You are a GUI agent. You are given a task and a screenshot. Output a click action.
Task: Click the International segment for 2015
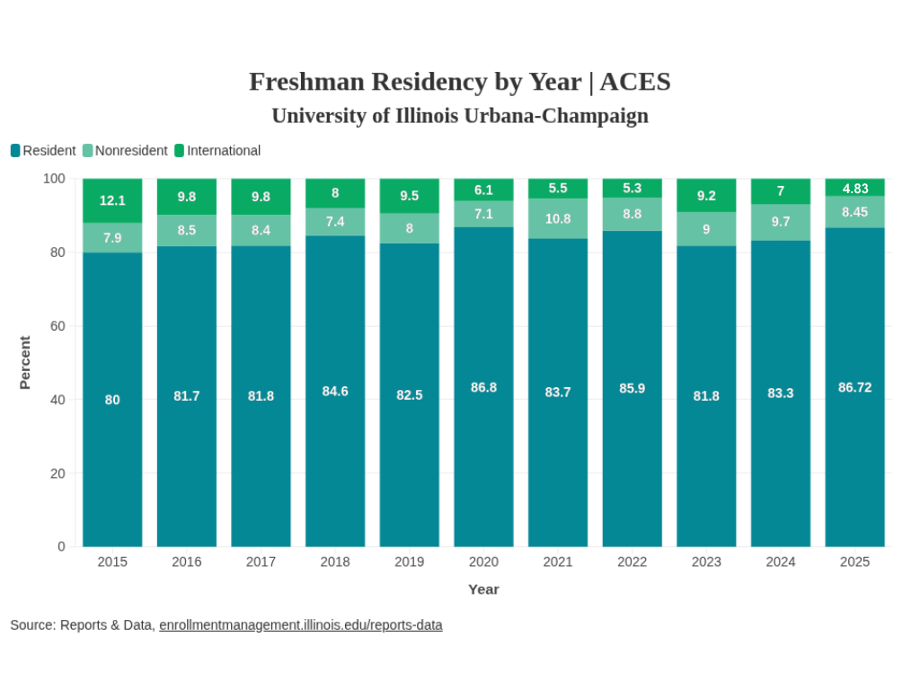point(112,200)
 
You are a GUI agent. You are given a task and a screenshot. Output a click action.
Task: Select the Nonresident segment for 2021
point(558,218)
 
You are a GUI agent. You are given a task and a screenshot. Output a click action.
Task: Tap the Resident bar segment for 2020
point(483,387)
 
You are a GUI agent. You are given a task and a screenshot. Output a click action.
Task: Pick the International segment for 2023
point(706,195)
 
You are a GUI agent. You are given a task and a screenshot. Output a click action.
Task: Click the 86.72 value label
point(854,387)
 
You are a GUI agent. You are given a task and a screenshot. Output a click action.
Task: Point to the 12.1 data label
point(112,200)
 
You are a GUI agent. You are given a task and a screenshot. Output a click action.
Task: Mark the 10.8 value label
point(558,218)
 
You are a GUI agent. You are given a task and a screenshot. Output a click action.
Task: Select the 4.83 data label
point(854,188)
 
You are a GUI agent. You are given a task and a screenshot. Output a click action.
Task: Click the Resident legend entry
point(43,151)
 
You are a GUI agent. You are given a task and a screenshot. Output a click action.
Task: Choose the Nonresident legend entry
point(125,151)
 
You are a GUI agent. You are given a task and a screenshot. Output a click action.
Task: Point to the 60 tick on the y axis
point(57,325)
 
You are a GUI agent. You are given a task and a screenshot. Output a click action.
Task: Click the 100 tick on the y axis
point(54,179)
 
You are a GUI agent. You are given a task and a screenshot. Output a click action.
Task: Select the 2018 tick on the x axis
point(335,562)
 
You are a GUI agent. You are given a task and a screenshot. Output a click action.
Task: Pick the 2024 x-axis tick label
point(781,562)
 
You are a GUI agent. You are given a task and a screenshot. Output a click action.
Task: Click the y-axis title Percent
point(25,362)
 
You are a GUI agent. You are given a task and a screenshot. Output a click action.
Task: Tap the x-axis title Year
point(483,589)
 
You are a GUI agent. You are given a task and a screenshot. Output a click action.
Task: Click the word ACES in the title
point(635,82)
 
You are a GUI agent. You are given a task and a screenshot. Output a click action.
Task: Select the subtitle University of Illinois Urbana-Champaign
point(460,116)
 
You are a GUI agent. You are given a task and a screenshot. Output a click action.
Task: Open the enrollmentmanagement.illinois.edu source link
point(300,624)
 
